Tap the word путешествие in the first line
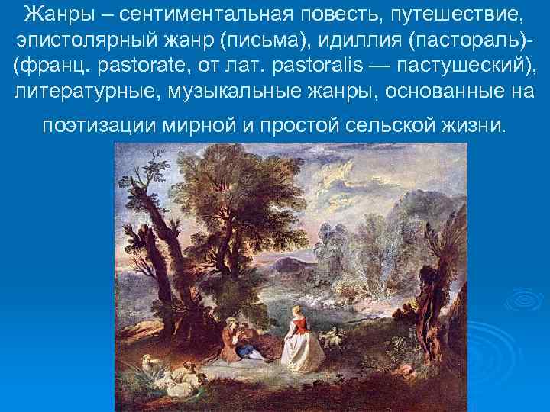click(455, 14)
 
